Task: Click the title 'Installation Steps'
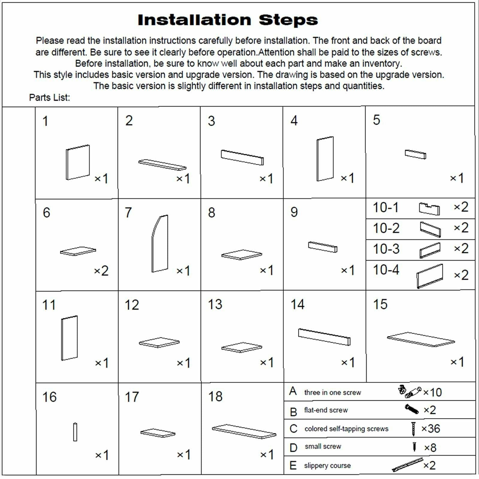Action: [228, 20]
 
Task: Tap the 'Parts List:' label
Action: [49, 98]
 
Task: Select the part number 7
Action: [128, 213]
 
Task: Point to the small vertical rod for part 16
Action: [75, 432]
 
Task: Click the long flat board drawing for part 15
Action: [421, 339]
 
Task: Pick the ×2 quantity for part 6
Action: [101, 271]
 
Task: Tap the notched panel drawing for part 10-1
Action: [429, 209]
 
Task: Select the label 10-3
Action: [386, 249]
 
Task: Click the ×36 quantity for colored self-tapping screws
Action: [431, 429]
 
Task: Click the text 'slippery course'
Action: [327, 466]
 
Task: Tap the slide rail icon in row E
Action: [407, 465]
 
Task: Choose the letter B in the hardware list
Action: [293, 412]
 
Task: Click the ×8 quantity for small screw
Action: [430, 448]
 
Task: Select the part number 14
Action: [297, 304]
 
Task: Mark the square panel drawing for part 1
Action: [78, 162]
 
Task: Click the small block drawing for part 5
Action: [415, 154]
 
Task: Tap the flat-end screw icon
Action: [411, 409]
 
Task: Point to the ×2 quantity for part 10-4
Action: [461, 275]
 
